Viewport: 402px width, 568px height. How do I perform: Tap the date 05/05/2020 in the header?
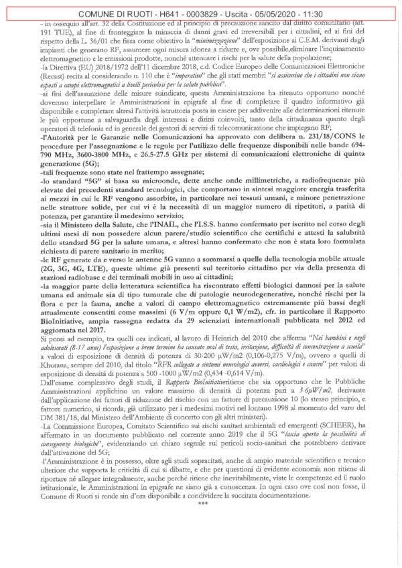tap(281, 13)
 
